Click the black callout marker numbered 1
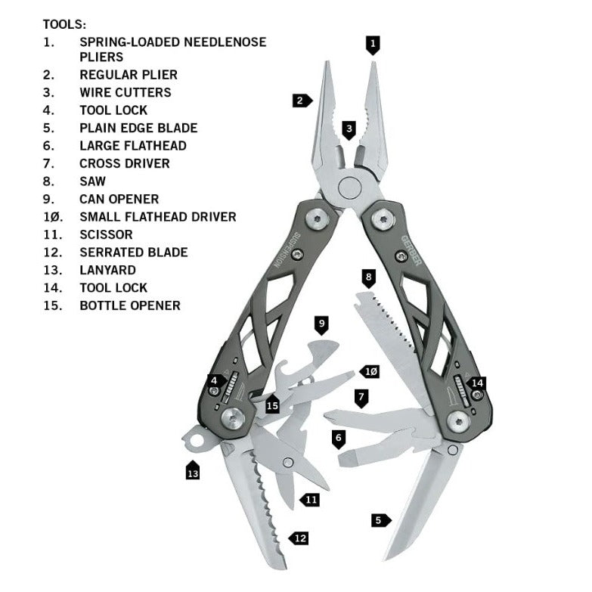point(372,44)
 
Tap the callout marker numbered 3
point(349,129)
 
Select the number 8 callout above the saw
point(368,278)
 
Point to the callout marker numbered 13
point(192,472)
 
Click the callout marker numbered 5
point(380,519)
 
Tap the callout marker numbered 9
point(321,325)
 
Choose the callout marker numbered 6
point(339,437)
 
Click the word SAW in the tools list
point(93,181)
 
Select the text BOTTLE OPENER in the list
point(129,305)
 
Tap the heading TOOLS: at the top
point(64,24)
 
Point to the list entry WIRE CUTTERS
point(125,92)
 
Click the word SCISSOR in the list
point(106,234)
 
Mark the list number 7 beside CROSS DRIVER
point(48,163)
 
